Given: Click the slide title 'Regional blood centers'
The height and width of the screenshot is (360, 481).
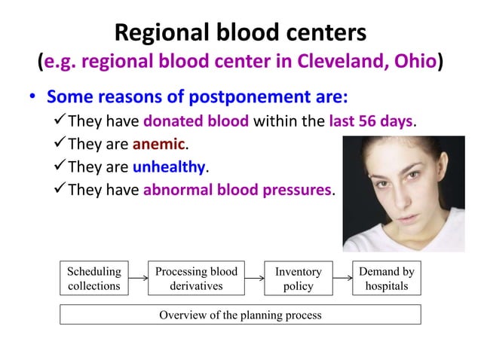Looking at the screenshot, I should click(240, 32).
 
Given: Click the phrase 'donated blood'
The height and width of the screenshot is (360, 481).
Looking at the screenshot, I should click(195, 121).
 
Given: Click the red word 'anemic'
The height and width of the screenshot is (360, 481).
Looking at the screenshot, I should click(158, 144).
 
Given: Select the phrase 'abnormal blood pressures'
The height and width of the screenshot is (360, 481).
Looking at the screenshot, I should click(237, 190).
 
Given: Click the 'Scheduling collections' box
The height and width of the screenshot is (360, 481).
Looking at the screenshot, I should click(93, 279).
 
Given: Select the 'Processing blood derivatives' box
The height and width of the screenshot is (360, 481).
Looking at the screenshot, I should click(196, 279).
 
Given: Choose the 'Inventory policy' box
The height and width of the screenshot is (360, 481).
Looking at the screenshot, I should click(298, 279).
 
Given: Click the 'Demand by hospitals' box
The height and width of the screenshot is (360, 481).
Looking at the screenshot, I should click(386, 279).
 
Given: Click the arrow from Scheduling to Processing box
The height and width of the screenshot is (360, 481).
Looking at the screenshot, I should click(137, 279).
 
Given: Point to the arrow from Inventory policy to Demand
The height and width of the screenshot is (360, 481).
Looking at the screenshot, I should click(342, 279).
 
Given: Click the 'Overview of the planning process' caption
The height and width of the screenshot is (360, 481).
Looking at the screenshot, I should click(240, 315).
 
